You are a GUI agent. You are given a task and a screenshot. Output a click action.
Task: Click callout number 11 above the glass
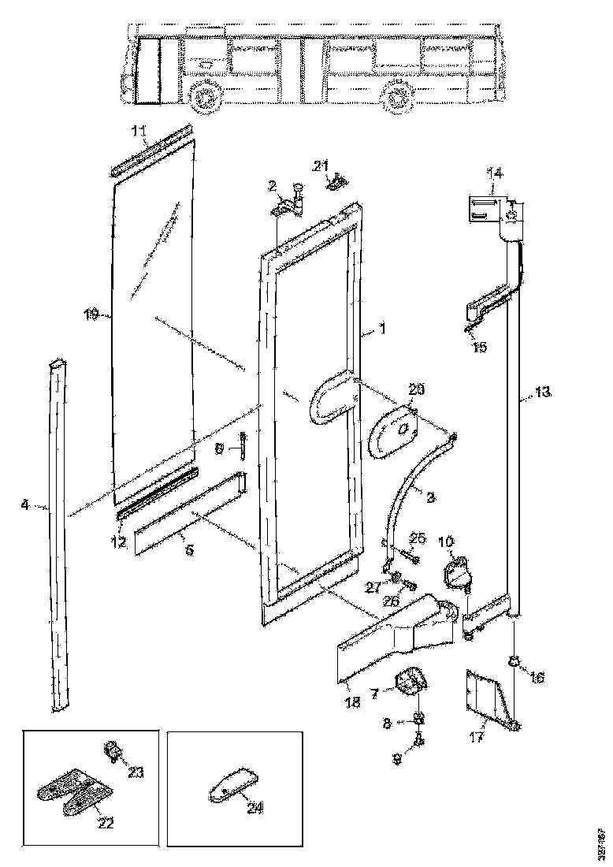[139, 130]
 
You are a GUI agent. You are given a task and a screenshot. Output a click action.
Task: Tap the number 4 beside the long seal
[26, 505]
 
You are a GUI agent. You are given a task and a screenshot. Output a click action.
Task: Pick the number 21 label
[319, 165]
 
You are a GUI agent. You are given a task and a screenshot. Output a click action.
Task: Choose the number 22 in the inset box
[105, 824]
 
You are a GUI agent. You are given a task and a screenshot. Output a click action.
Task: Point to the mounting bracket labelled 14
[483, 211]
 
